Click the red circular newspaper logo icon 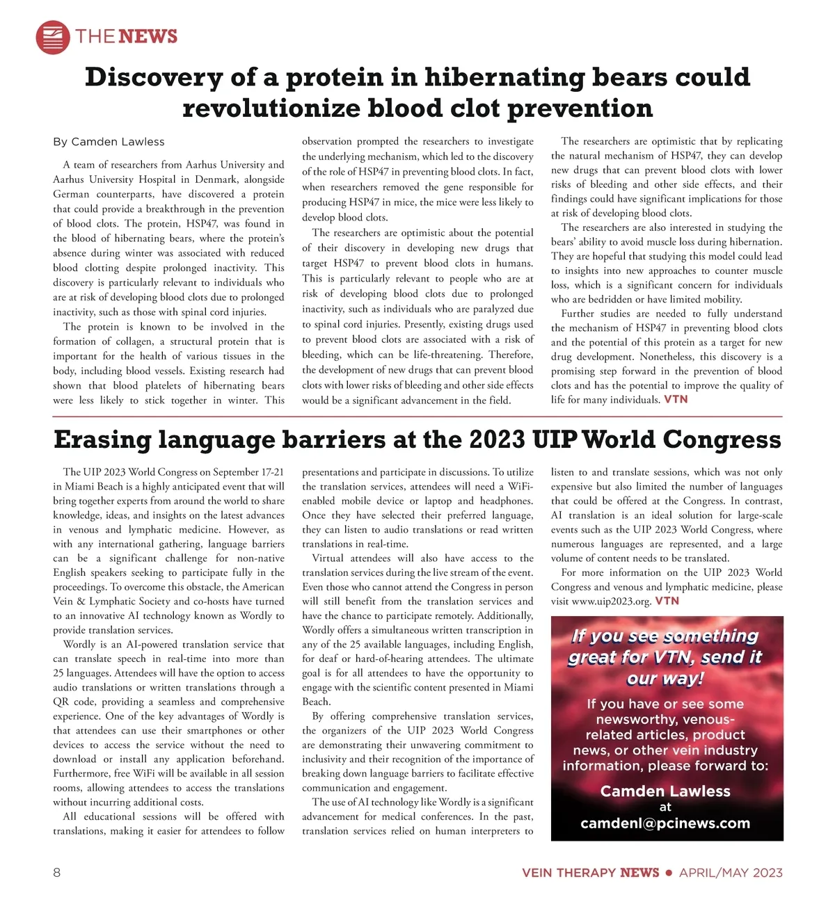pyautogui.click(x=53, y=37)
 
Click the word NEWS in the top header pyautogui.click(x=148, y=36)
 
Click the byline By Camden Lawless pyautogui.click(x=109, y=142)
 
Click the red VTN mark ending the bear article pyautogui.click(x=676, y=399)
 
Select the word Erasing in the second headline pyautogui.click(x=102, y=439)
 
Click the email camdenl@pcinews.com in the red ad pyautogui.click(x=665, y=824)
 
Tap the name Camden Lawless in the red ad pyautogui.click(x=665, y=791)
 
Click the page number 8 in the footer pyautogui.click(x=57, y=873)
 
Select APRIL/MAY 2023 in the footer pyautogui.click(x=731, y=873)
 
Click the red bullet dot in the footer pyautogui.click(x=669, y=873)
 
